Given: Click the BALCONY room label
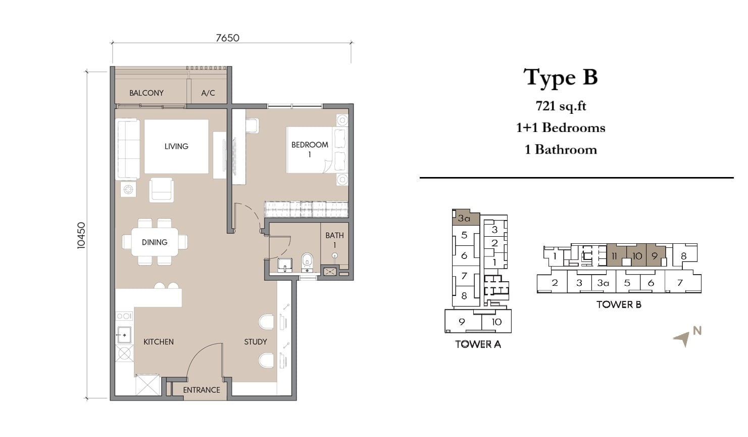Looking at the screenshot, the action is [146, 93].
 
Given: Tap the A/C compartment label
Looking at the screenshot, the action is [208, 93].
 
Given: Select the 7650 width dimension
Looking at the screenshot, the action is [227, 38].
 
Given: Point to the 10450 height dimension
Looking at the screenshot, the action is [81, 235].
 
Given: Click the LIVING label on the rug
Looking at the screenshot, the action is [176, 146].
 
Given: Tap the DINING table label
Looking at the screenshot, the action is [154, 242].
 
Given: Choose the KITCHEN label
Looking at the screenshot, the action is [159, 342].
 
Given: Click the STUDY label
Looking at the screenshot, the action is [256, 342].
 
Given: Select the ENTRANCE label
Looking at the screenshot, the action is [202, 390].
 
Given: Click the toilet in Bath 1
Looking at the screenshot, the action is [307, 263].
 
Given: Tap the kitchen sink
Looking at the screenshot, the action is [124, 335].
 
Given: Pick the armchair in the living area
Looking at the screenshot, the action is [162, 190].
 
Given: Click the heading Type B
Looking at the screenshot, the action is [560, 77].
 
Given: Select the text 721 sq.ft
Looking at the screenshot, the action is [561, 106].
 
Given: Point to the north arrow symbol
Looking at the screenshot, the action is [682, 339].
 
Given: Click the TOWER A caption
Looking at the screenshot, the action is [478, 344].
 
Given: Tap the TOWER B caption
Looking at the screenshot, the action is [619, 304].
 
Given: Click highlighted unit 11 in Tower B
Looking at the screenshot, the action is [617, 256].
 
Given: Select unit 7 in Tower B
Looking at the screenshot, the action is [680, 283].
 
